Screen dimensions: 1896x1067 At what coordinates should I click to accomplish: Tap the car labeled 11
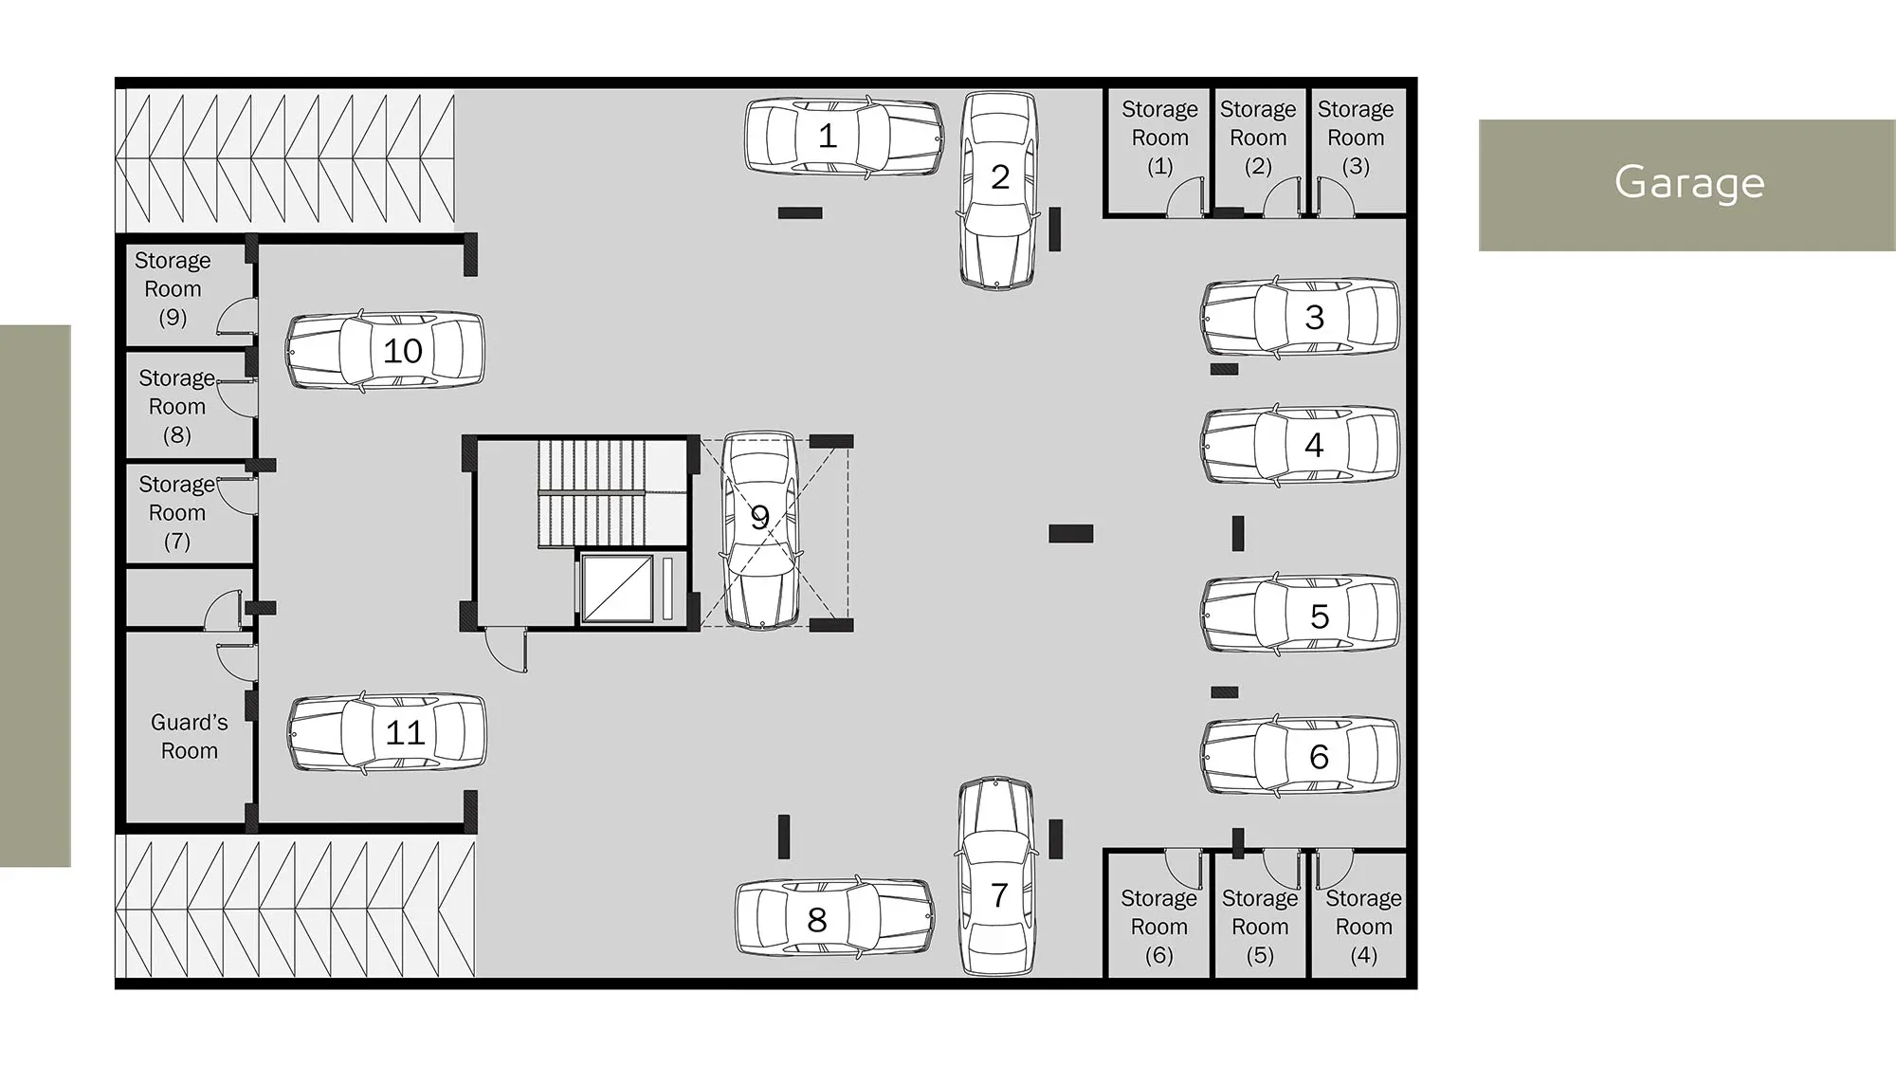click(387, 732)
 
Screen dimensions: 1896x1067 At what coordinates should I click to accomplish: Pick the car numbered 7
click(997, 877)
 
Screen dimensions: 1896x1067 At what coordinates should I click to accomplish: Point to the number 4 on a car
click(1314, 445)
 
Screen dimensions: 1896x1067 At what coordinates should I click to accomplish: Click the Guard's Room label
click(190, 736)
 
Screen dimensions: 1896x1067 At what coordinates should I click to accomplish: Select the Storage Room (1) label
click(1159, 138)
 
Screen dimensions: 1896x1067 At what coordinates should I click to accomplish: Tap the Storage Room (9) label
click(173, 288)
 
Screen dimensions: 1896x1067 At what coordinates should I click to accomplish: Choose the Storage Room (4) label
click(1363, 927)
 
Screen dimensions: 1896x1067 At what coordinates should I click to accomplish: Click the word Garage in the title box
click(1689, 182)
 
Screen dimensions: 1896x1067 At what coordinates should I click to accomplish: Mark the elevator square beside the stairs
click(617, 589)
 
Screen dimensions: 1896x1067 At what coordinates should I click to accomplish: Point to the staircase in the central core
click(592, 493)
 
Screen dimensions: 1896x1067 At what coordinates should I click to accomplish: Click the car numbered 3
click(1301, 318)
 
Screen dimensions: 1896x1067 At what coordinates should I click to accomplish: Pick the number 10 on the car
click(403, 351)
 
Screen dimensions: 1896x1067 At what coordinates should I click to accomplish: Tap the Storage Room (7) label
click(177, 512)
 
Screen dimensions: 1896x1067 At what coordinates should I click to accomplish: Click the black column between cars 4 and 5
click(1238, 533)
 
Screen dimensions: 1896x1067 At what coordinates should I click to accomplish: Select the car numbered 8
click(835, 917)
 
